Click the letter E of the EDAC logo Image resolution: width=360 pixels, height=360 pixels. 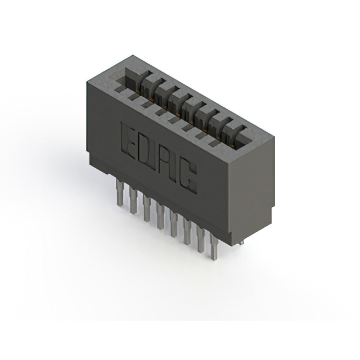(x=128, y=140)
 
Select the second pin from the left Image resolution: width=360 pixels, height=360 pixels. (x=133, y=200)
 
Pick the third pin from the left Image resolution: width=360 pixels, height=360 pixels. (x=147, y=208)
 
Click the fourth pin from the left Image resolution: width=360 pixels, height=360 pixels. (x=160, y=215)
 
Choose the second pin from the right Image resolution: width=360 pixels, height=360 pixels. (x=201, y=240)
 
